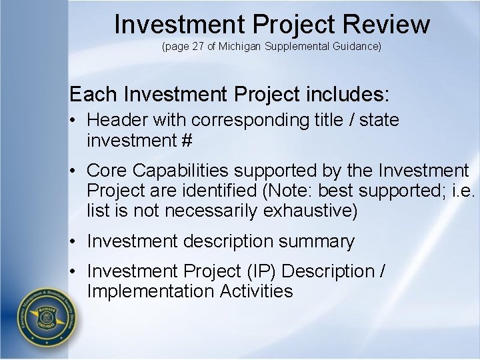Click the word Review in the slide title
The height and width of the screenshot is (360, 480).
(x=387, y=24)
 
